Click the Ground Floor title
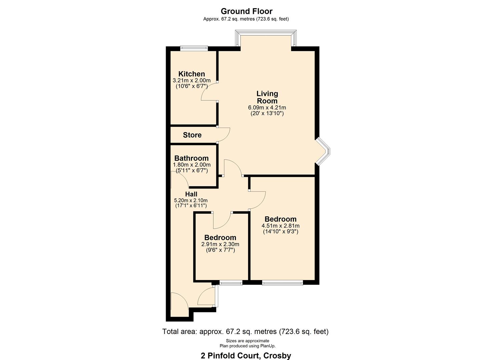246,11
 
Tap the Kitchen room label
192,74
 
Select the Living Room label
267,97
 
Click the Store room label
192,135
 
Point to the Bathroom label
191,158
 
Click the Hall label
191,194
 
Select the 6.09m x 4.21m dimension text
267,108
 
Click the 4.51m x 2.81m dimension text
280,226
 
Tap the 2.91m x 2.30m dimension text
220,244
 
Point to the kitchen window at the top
194,48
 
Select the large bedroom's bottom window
282,283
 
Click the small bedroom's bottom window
231,283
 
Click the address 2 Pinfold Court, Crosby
246,355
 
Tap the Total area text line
245,332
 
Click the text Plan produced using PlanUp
247,346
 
